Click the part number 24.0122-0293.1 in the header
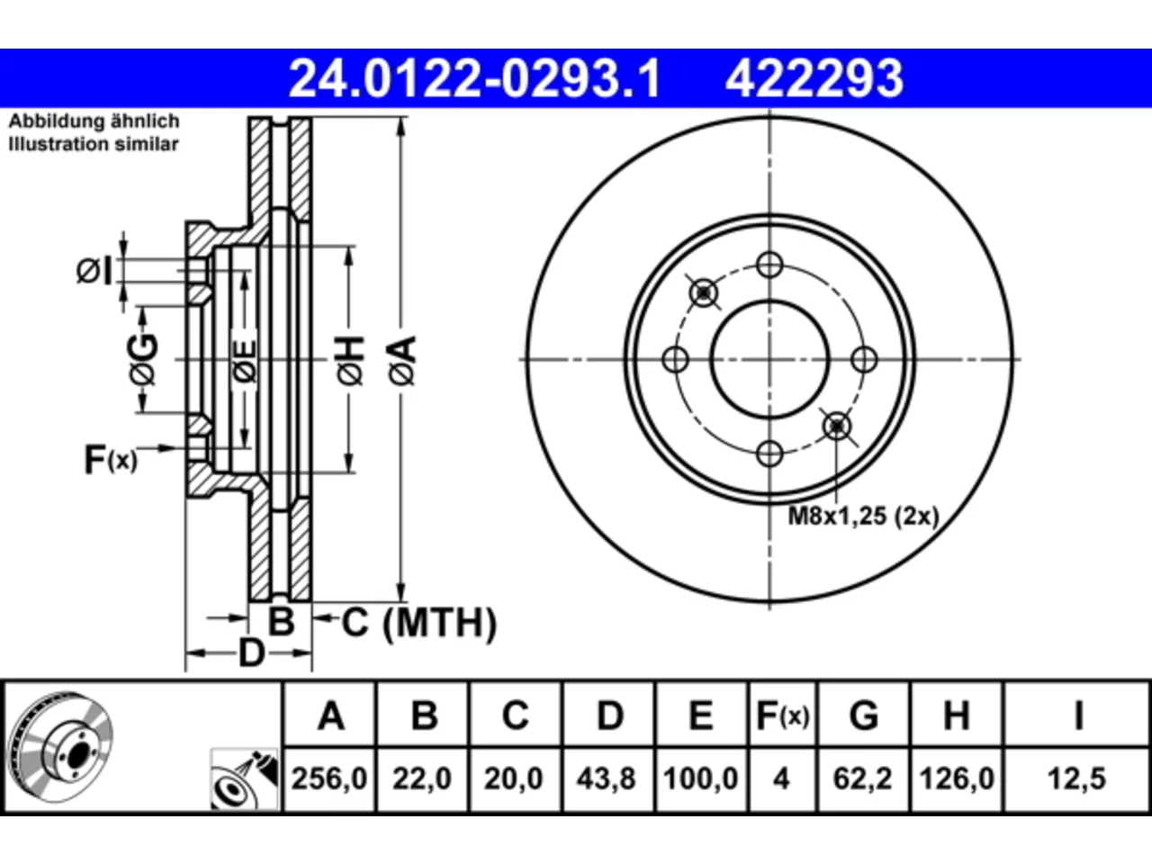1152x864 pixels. click(474, 78)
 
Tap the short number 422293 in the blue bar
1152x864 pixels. click(814, 78)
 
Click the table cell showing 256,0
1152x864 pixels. click(329, 778)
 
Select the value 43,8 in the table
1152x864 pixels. click(607, 778)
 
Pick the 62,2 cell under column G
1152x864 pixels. click(862, 778)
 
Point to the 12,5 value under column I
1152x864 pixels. click(1077, 778)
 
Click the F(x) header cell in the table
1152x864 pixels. click(783, 715)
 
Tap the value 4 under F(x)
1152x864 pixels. click(781, 778)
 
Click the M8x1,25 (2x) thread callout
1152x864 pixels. click(863, 517)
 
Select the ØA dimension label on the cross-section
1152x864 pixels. click(402, 361)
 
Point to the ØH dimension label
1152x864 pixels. click(351, 361)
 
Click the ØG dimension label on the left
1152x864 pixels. click(143, 359)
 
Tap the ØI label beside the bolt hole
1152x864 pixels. click(94, 271)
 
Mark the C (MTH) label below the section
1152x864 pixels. click(418, 623)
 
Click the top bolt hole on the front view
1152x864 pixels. click(769, 265)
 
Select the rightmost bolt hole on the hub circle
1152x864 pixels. click(864, 360)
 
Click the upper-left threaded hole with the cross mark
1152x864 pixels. click(704, 292)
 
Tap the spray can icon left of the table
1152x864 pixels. click(244, 779)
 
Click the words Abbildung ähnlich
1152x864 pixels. click(94, 121)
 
